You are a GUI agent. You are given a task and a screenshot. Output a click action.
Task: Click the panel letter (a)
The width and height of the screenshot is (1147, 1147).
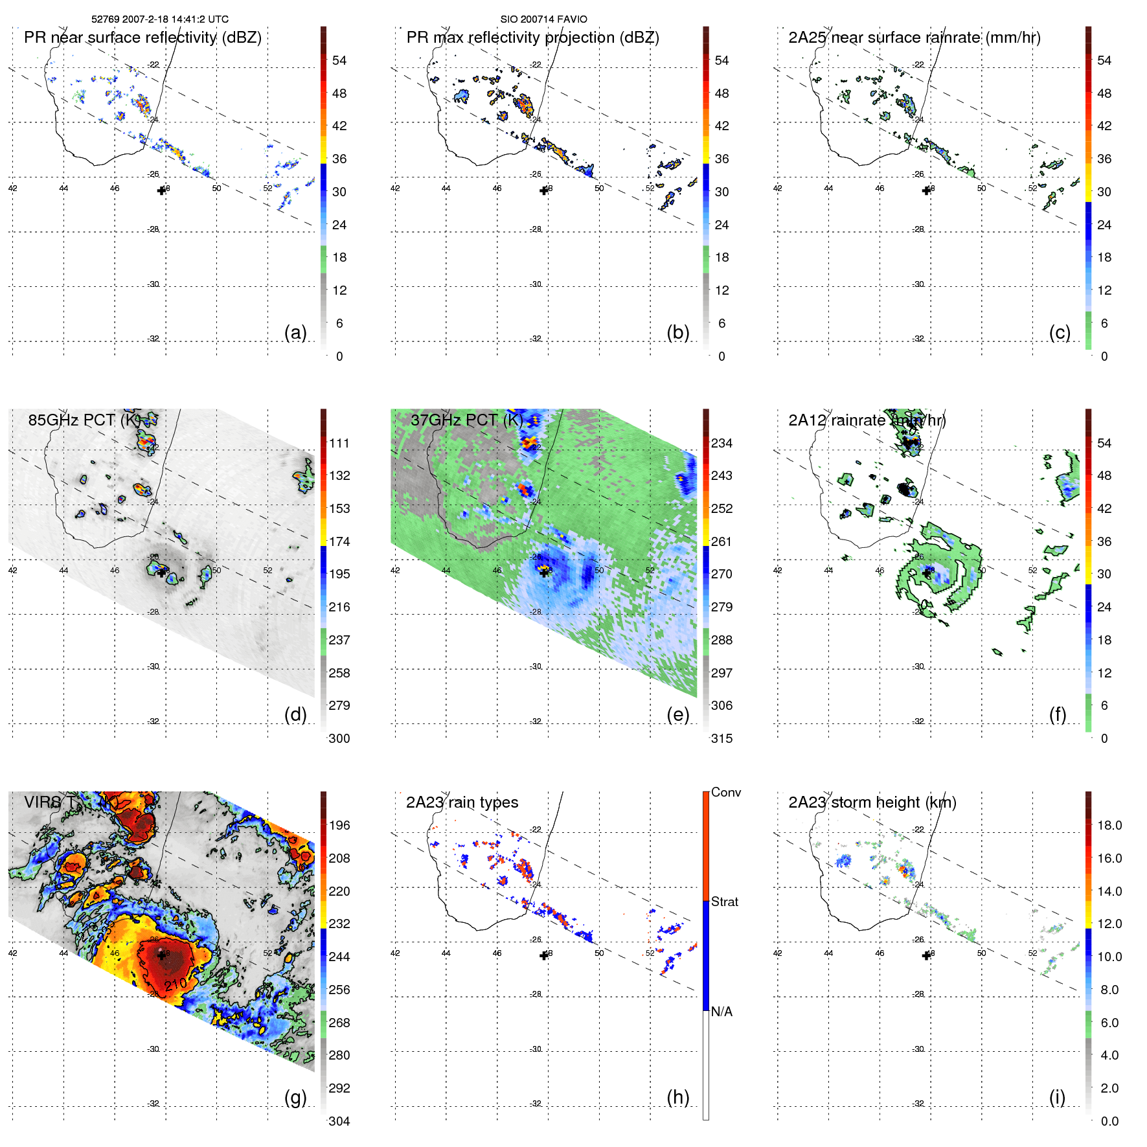click(295, 332)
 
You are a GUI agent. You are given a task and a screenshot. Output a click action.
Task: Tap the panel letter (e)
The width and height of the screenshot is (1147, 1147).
click(677, 714)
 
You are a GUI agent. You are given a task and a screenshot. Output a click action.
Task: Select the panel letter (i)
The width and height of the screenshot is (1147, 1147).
click(1057, 1097)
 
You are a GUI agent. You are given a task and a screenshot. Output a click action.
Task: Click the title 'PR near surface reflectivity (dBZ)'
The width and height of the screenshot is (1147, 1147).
click(142, 38)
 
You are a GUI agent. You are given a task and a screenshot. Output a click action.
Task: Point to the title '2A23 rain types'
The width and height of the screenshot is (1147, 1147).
click(462, 802)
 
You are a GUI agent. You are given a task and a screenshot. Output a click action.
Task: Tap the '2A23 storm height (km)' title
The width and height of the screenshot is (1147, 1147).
click(872, 802)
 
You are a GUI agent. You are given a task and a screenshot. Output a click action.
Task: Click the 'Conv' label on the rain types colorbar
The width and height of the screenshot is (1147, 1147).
click(725, 792)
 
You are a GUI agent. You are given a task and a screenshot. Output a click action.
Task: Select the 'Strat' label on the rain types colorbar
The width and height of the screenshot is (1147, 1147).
click(724, 902)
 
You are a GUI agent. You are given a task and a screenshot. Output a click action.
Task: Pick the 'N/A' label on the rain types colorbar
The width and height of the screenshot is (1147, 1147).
click(721, 1012)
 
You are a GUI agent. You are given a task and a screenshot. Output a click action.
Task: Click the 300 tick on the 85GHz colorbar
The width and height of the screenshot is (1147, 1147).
click(339, 738)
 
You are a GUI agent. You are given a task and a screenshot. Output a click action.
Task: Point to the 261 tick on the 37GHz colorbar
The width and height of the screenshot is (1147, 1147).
click(721, 541)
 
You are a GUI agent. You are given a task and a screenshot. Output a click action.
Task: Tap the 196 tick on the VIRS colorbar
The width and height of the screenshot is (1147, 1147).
click(339, 825)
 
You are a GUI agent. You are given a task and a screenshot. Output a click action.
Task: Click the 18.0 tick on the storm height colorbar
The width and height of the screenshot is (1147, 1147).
click(1109, 825)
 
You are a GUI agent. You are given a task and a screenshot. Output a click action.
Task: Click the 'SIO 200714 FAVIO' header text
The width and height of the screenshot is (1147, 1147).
click(543, 19)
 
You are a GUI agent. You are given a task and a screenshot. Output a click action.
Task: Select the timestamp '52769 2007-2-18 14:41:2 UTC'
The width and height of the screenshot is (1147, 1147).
click(160, 19)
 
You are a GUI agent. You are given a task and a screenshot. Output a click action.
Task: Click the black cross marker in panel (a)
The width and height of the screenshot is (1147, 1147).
click(161, 190)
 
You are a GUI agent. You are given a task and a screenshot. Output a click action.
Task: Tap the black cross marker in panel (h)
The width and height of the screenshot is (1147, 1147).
click(544, 955)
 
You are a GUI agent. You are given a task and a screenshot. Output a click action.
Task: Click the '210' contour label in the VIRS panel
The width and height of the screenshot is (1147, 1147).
click(175, 984)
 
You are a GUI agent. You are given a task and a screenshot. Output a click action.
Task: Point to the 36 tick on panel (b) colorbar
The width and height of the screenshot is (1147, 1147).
click(721, 159)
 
